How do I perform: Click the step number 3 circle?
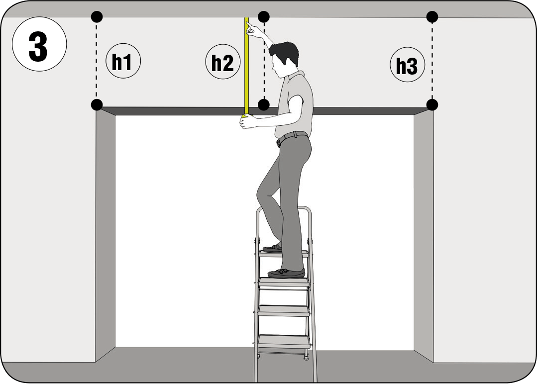(x=39, y=44)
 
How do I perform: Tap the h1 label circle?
(x=123, y=61)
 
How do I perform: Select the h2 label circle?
(x=223, y=62)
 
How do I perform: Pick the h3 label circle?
(x=408, y=64)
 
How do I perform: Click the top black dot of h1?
(x=97, y=16)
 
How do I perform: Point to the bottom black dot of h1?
(x=97, y=104)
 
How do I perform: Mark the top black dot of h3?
(x=432, y=16)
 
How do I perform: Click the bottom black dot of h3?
(x=432, y=104)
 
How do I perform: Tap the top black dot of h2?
(x=264, y=16)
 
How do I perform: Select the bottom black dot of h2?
(x=263, y=104)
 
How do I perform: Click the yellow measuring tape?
(x=246, y=67)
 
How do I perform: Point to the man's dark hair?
(x=285, y=52)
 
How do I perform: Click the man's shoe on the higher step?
(x=273, y=249)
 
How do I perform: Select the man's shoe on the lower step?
(x=286, y=273)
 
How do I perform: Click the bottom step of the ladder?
(x=284, y=341)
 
